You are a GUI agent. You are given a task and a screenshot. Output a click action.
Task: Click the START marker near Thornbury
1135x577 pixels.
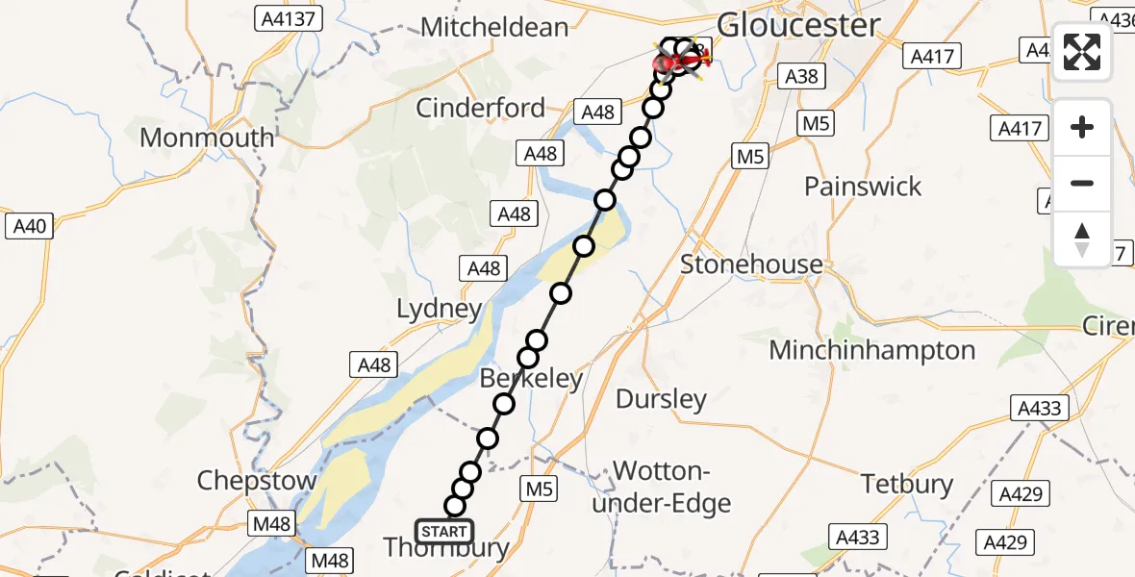pyautogui.click(x=444, y=531)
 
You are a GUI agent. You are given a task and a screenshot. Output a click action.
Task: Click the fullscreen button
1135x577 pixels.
pyautogui.click(x=1082, y=52)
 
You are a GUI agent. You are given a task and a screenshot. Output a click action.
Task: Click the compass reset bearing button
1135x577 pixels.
pyautogui.click(x=1082, y=239)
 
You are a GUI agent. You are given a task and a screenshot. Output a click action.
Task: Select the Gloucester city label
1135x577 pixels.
pyautogui.click(x=798, y=25)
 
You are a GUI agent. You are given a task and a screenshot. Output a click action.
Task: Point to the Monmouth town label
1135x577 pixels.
pyautogui.click(x=207, y=138)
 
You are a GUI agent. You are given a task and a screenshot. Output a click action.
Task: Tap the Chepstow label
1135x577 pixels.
pyautogui.click(x=257, y=480)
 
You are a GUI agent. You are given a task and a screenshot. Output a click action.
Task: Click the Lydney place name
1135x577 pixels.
pyautogui.click(x=440, y=309)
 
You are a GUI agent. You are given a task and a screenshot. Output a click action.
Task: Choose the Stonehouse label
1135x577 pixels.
pyautogui.click(x=751, y=264)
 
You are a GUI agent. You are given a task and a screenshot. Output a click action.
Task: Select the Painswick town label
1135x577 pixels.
pyautogui.click(x=863, y=186)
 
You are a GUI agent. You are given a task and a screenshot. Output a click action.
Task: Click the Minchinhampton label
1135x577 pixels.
pyautogui.click(x=872, y=350)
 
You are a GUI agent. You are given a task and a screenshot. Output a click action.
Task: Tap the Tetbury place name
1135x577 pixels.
pyautogui.click(x=907, y=484)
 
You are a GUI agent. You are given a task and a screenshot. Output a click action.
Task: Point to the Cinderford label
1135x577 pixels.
pyautogui.click(x=480, y=108)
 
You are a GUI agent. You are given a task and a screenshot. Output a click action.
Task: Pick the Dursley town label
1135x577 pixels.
pyautogui.click(x=661, y=398)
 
